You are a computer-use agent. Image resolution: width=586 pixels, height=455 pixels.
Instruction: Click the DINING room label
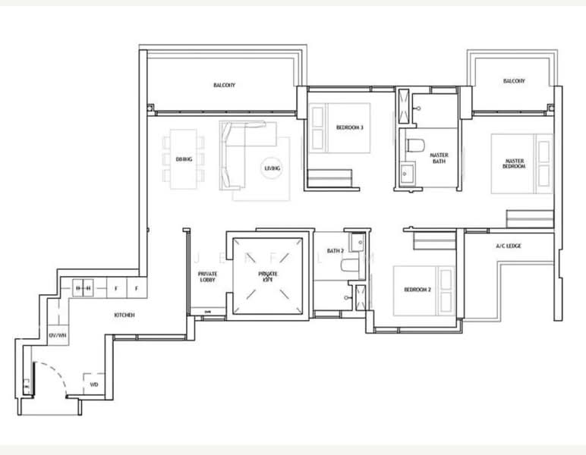pos(183,159)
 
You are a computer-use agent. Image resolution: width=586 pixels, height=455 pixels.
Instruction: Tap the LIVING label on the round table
pos(273,168)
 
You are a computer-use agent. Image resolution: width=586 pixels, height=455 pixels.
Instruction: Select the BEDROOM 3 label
pos(349,127)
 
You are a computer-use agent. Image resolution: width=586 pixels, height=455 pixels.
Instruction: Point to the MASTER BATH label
pos(439,158)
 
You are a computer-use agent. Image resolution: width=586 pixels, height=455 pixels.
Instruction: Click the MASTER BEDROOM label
pos(515,163)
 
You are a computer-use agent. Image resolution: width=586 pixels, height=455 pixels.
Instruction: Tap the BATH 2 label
pos(335,251)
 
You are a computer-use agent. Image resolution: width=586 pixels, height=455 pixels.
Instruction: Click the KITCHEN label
pos(124,315)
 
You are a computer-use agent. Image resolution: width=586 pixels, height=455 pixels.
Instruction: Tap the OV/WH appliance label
pos(57,334)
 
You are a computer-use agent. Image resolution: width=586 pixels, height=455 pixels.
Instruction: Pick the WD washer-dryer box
pos(94,384)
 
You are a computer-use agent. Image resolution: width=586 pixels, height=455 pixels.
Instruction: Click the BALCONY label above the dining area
pos(224,85)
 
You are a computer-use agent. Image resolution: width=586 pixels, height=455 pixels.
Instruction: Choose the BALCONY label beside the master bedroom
pos(515,81)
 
